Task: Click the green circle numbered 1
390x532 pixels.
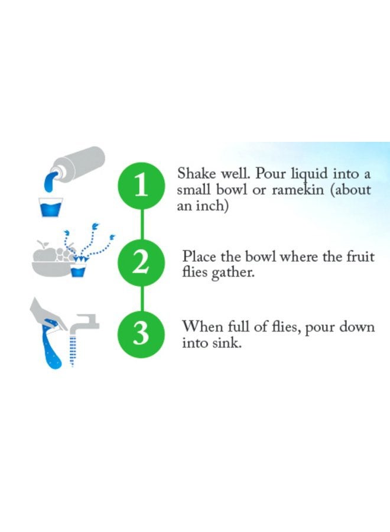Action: point(142,186)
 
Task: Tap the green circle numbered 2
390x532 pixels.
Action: point(142,263)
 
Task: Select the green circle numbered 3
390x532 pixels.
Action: point(142,333)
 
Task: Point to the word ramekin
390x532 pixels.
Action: point(298,190)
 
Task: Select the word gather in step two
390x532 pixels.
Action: point(232,273)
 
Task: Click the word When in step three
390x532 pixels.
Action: point(203,327)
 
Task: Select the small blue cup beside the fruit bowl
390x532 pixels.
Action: point(78,270)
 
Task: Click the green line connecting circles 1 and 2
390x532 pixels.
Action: point(142,225)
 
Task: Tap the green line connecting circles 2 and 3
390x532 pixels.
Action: point(142,299)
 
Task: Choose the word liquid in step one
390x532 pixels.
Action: point(310,174)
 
